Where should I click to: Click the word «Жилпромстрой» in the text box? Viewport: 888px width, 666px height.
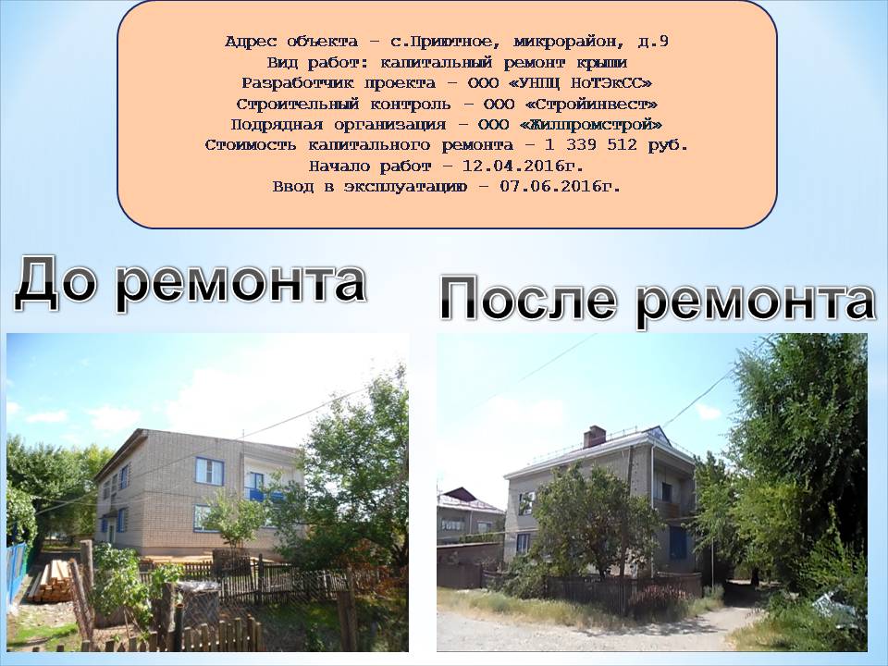[x=591, y=124]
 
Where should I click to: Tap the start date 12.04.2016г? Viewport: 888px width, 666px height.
[x=523, y=166]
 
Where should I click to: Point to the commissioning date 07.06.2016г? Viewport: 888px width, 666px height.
[x=561, y=186]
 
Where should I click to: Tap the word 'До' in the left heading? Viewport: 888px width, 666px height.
[x=55, y=281]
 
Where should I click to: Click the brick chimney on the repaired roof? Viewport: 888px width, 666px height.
[x=594, y=436]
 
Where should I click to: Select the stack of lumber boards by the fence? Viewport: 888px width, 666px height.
[x=51, y=581]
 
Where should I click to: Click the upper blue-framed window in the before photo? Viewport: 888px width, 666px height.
[x=209, y=471]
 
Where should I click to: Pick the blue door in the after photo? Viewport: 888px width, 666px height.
[x=678, y=543]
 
